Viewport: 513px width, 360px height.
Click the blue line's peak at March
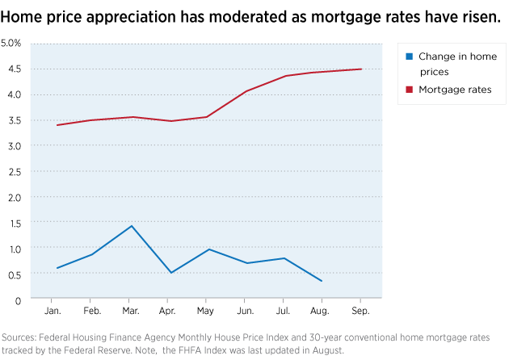point(132,226)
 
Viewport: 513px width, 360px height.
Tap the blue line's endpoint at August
point(322,281)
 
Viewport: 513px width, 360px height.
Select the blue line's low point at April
point(170,273)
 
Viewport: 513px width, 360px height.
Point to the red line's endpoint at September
point(361,69)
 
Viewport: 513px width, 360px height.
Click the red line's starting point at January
point(57,125)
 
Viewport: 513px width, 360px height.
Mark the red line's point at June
point(246,91)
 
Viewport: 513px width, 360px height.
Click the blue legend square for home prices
point(410,57)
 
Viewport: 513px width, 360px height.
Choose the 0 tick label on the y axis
point(17,300)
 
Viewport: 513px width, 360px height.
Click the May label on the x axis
point(208,310)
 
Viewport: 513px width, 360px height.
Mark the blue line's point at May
point(208,249)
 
